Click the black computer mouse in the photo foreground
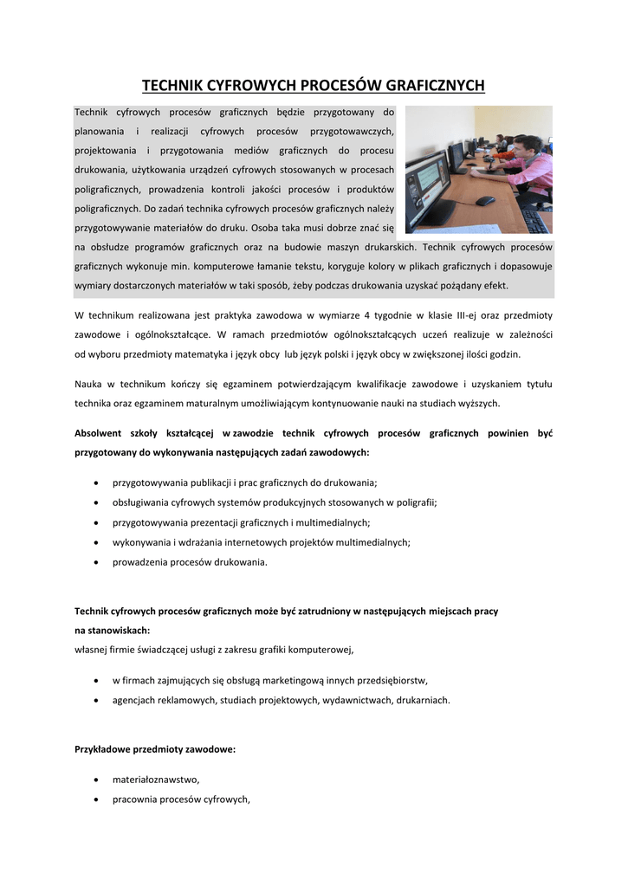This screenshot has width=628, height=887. (x=485, y=201)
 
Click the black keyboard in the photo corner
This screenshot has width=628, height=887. (x=534, y=222)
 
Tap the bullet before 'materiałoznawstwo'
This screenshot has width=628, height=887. (x=94, y=780)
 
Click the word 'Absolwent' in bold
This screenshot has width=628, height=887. (x=103, y=433)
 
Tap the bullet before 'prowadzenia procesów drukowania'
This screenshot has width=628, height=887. (x=94, y=562)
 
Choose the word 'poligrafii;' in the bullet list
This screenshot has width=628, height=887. (x=414, y=502)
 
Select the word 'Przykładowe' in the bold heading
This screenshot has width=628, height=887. (x=106, y=749)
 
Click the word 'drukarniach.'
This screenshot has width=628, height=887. (x=423, y=700)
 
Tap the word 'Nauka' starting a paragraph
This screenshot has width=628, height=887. (x=89, y=384)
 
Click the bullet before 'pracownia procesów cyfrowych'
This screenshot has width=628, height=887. (x=94, y=800)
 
